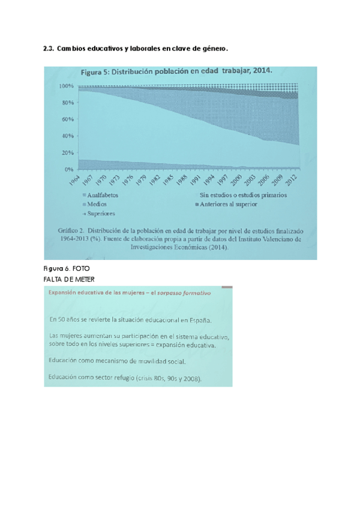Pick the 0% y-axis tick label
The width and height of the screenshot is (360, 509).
[x=69, y=169]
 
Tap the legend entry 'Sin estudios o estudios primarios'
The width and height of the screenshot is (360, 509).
[x=242, y=195]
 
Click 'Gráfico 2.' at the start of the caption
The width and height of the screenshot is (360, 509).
[x=73, y=230]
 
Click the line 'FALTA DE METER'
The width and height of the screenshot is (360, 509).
[x=70, y=279]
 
